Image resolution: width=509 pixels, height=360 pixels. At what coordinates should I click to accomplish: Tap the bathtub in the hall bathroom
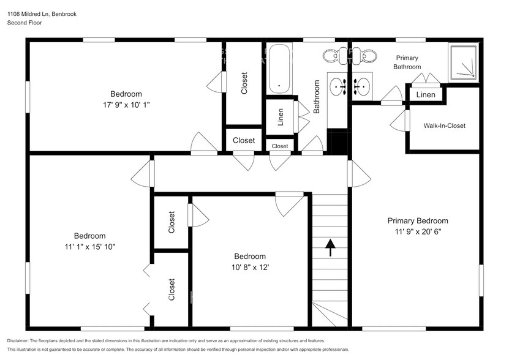click(x=279, y=68)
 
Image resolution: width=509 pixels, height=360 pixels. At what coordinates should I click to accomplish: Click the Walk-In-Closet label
click(x=444, y=126)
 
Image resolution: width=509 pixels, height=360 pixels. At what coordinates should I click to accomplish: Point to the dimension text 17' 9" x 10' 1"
click(x=126, y=105)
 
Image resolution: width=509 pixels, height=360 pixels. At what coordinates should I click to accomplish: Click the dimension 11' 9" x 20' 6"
click(x=417, y=232)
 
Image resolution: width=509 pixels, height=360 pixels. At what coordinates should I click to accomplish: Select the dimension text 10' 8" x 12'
click(x=249, y=268)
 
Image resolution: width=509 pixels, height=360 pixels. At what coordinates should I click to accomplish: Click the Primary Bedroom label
click(x=417, y=221)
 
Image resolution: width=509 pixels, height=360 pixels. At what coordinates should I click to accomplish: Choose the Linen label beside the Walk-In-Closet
click(x=426, y=95)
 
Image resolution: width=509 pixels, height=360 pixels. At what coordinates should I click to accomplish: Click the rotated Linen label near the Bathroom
click(x=281, y=116)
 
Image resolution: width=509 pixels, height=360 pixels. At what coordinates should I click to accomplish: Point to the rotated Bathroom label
click(x=317, y=97)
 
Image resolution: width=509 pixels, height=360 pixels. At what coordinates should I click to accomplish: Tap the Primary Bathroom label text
click(x=407, y=62)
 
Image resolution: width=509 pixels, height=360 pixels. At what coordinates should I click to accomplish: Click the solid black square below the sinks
click(x=337, y=141)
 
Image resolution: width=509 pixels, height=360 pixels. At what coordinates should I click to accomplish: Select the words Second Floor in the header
click(x=25, y=23)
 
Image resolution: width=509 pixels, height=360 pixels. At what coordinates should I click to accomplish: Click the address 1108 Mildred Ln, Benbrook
click(x=42, y=13)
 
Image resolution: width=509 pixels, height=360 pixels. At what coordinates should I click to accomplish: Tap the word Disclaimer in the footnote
click(x=21, y=340)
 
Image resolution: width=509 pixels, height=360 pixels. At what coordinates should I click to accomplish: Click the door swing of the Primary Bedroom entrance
click(x=360, y=174)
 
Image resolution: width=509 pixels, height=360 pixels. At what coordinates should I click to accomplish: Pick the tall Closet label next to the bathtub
click(x=244, y=83)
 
